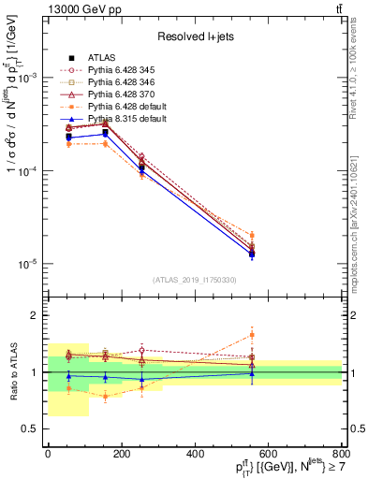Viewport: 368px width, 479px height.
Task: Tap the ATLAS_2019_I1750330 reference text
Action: (x=195, y=280)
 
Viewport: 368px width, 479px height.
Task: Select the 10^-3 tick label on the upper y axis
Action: (x=28, y=79)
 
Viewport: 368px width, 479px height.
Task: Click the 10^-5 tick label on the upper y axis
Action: (x=28, y=264)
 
